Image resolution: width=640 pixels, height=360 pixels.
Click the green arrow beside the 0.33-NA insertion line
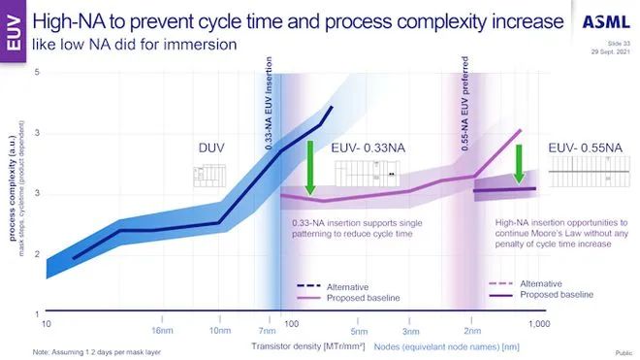pos(308,168)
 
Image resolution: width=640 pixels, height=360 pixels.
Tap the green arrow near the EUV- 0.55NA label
pos(520,164)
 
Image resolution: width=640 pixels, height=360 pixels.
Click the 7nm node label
pos(268,330)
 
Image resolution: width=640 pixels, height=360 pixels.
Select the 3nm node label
pos(410,330)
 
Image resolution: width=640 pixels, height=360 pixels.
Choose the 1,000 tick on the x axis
pos(539,322)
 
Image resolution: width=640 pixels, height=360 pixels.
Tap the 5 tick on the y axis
pos(37,73)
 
